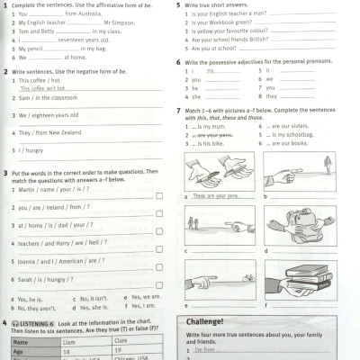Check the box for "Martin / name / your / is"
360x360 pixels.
(x=159, y=195)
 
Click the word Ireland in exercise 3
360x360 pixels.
(x=63, y=206)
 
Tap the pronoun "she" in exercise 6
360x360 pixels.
(x=196, y=97)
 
